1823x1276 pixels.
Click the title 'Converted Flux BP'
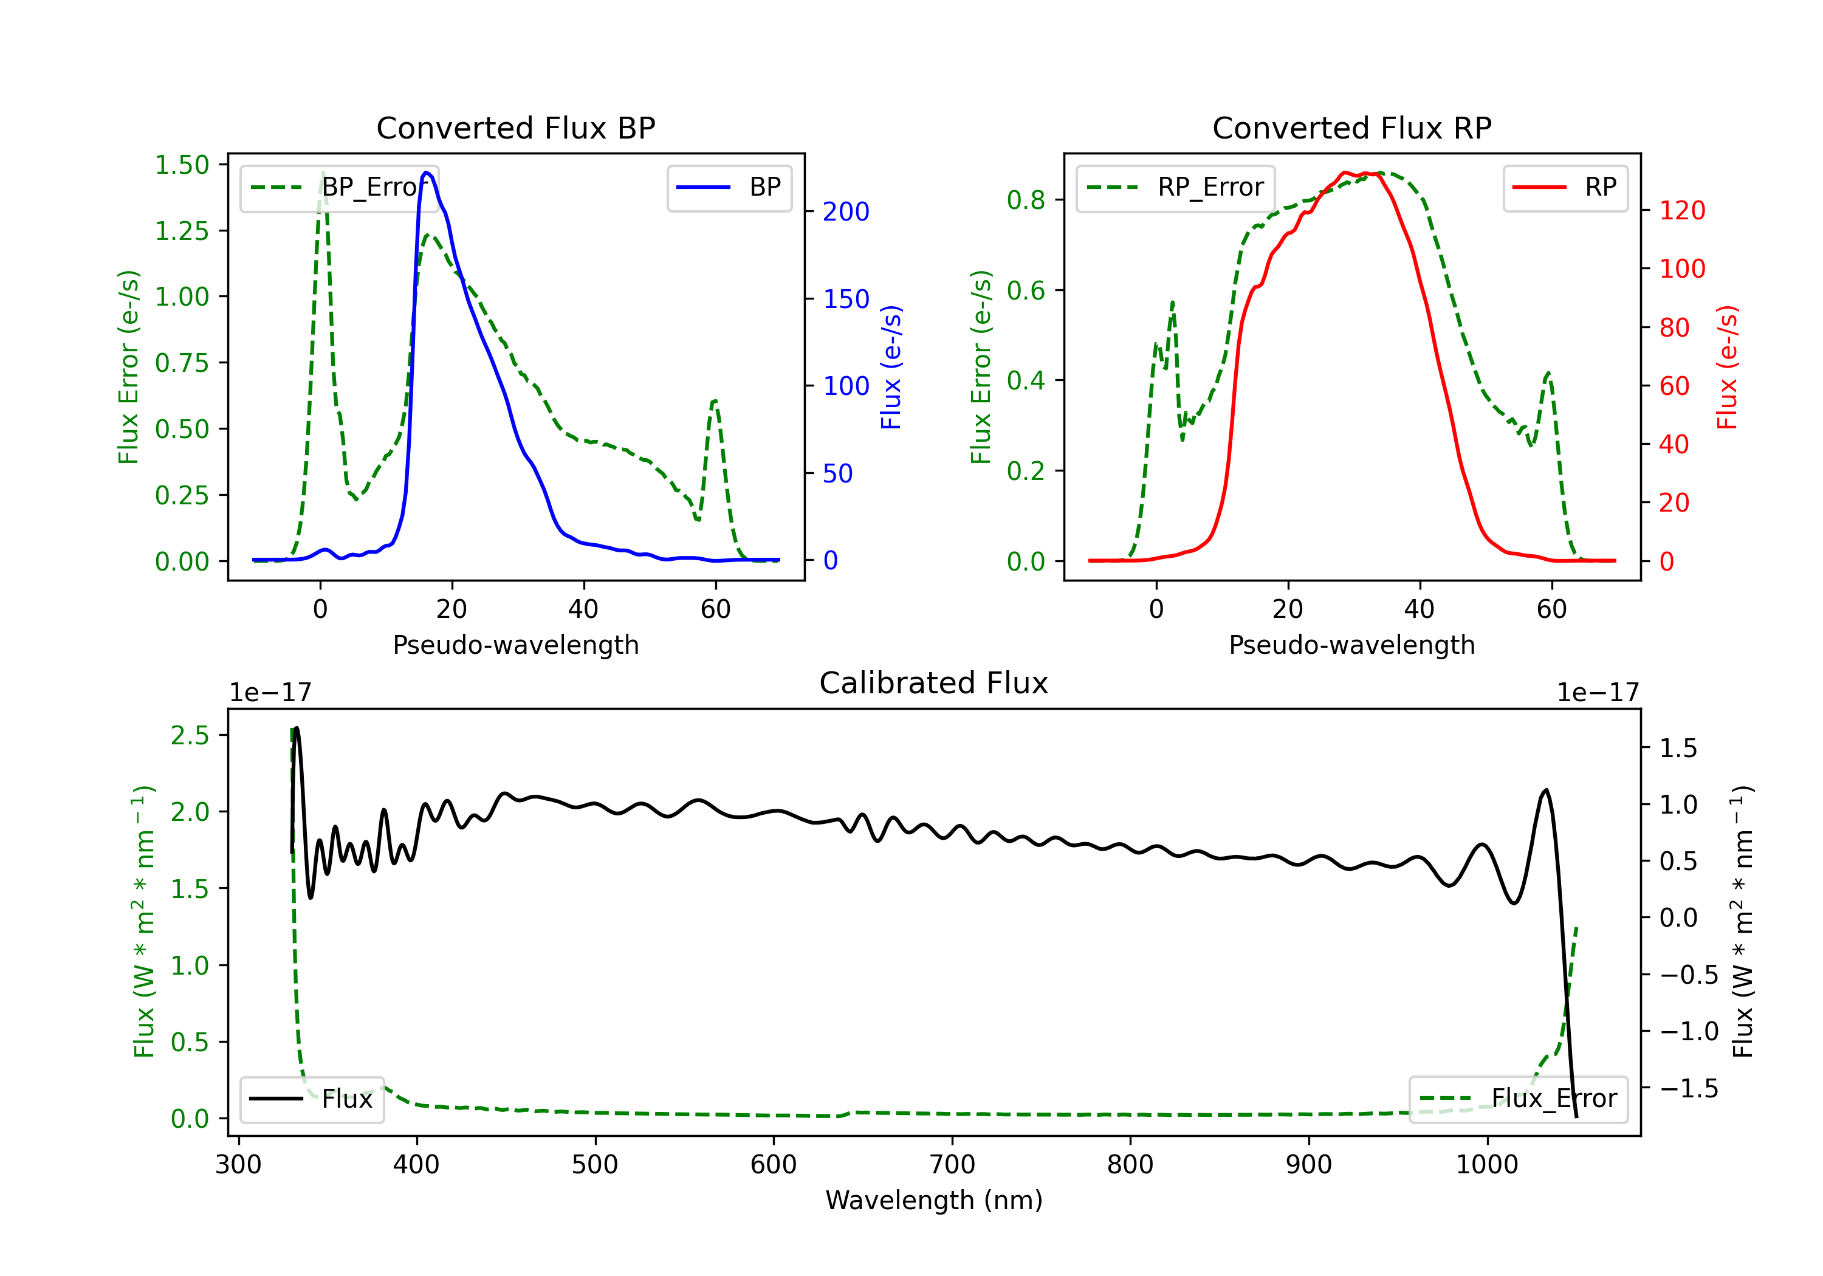[515, 128]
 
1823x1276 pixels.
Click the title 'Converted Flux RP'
[1351, 128]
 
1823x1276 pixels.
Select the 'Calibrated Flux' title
[934, 683]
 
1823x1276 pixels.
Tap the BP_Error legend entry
[339, 187]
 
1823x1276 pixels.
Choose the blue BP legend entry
[729, 187]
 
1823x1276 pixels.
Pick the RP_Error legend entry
[1175, 187]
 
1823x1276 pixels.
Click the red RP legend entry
[1565, 187]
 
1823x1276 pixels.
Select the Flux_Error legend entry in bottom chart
[1518, 1099]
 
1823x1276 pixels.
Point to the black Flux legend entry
[311, 1099]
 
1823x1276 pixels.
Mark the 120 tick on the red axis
[1681, 210]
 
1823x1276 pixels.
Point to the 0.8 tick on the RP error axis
[1026, 200]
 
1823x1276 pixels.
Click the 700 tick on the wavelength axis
[952, 1165]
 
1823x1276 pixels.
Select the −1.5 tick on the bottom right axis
[1689, 1088]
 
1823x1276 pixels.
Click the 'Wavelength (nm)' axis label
[934, 1201]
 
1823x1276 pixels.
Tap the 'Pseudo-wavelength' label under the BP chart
[516, 645]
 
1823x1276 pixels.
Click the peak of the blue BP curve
[427, 173]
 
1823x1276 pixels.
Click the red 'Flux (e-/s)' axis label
[1728, 367]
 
